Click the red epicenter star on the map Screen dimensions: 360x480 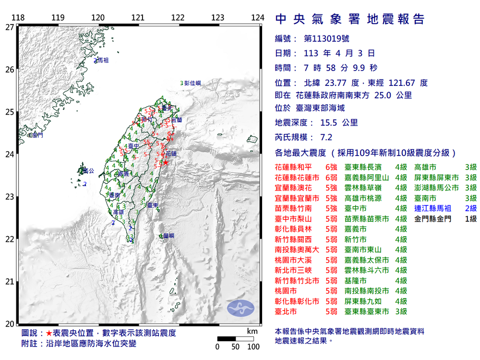166,163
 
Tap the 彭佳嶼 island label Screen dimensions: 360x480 192,83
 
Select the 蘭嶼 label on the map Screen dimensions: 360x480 168,236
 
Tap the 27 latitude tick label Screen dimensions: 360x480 9,27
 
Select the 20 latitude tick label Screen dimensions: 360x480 9,324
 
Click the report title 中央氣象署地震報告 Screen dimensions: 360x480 350,19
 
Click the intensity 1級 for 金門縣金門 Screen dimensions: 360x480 470,219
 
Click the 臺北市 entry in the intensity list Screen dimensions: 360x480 286,312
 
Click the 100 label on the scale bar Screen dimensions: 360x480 252,347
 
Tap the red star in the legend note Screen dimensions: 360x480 49,333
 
